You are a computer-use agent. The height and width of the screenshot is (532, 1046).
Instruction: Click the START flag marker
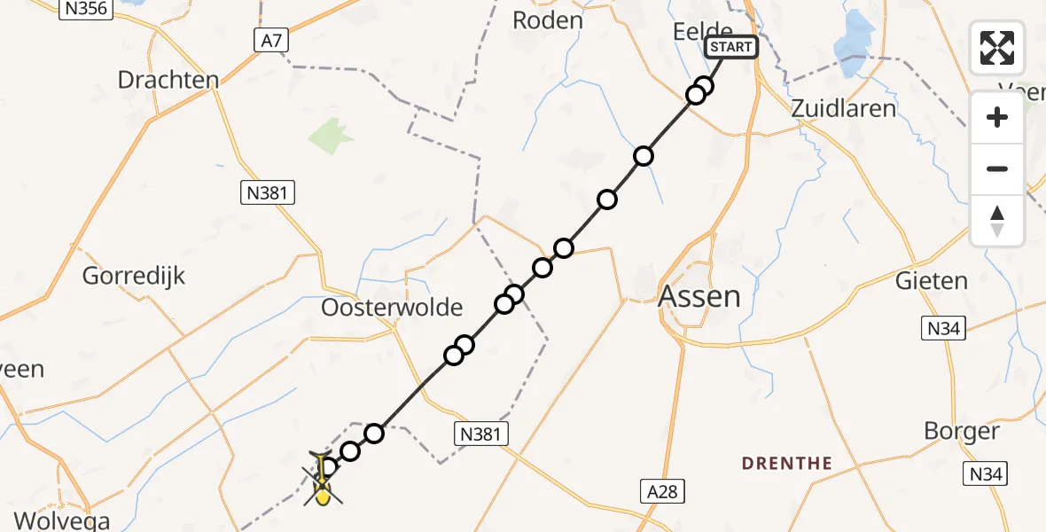[x=731, y=47]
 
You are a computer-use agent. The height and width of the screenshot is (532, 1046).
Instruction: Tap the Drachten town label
[x=168, y=80]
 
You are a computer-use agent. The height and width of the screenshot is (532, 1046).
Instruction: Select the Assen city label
[x=700, y=296]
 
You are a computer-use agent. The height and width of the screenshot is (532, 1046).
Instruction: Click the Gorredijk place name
[x=134, y=276]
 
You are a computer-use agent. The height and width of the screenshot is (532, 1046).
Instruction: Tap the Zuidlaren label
[x=843, y=109]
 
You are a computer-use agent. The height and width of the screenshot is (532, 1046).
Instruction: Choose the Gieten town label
[x=932, y=281]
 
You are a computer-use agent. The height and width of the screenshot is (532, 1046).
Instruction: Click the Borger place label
[x=962, y=432]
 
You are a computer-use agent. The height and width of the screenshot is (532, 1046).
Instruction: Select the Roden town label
[x=548, y=20]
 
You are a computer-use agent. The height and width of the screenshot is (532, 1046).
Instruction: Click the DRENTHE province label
[x=786, y=463]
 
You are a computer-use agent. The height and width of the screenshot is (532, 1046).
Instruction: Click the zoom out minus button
[x=997, y=168]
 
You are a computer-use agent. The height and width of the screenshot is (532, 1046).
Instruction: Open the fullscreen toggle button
[x=997, y=47]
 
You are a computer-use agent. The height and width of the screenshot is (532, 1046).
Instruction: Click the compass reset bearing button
[x=997, y=221]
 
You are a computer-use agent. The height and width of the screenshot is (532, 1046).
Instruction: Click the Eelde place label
[x=702, y=31]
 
